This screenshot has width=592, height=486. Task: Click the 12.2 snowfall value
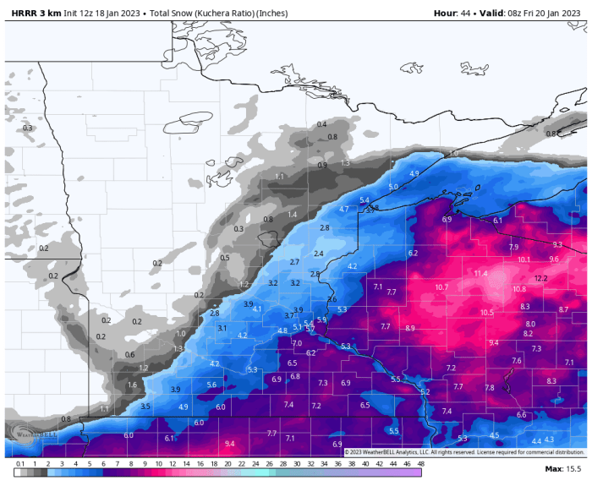coord(541,278)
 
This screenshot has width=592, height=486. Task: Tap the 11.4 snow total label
coord(480,274)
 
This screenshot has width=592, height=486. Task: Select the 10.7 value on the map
coord(441,287)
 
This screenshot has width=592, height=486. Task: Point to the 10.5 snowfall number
coord(486,313)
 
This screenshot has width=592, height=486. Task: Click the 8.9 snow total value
coord(410,328)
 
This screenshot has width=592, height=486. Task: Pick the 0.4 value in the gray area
coord(321,125)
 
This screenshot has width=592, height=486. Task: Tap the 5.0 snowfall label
coord(393,187)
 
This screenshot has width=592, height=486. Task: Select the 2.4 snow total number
coord(318,254)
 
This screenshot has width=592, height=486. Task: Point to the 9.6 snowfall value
coord(554,259)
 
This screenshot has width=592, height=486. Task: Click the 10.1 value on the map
coord(523,259)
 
